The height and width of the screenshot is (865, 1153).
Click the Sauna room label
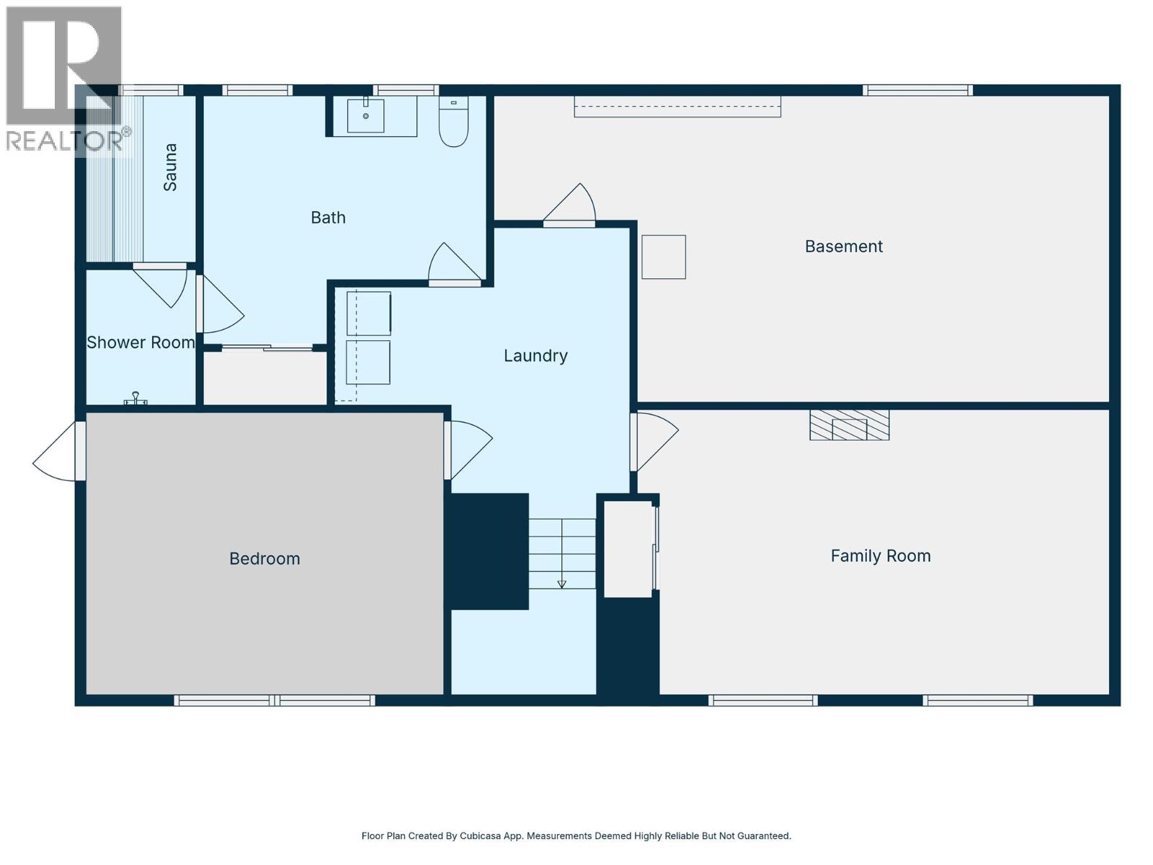pos(169,167)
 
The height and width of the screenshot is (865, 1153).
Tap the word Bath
pos(329,218)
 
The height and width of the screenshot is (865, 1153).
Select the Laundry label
pos(535,356)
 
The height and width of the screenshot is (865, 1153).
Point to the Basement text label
pos(844,247)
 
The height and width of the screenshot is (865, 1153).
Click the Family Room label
pos(881,556)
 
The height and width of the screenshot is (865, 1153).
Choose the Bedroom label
pos(264,558)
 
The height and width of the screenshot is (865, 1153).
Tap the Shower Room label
pos(141,342)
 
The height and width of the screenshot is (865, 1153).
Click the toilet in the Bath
pos(453,121)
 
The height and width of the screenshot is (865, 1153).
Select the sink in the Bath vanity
pos(365,115)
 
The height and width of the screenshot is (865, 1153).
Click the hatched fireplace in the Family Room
pos(850,425)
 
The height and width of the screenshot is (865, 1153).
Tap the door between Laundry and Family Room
pos(654,442)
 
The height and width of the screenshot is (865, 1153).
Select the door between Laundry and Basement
pos(569,205)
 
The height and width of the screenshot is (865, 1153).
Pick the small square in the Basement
pos(664,257)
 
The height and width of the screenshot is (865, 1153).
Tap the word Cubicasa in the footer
pos(480,835)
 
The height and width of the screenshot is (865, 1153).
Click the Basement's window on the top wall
pos(917,90)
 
